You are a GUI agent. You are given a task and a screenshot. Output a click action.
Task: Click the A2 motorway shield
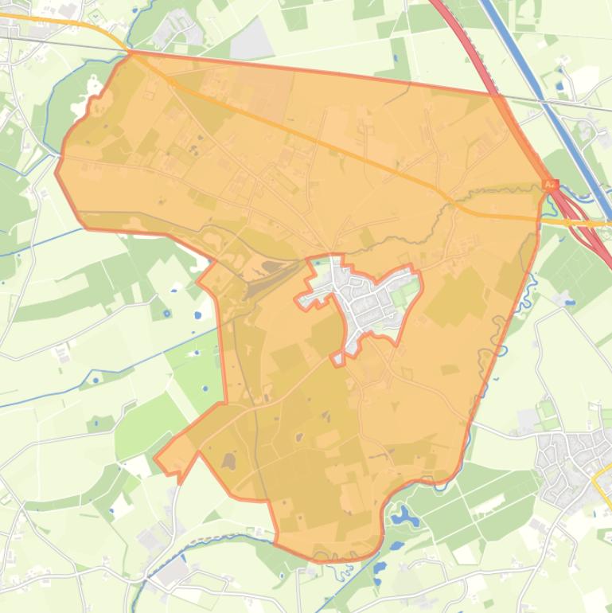click(550, 185)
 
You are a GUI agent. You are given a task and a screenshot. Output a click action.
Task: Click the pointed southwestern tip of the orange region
click(158, 460)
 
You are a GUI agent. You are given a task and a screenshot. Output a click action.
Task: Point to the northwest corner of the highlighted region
click(130, 53)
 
